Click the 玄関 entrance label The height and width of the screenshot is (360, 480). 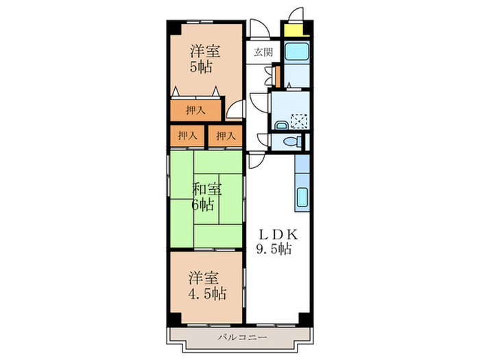point(263,52)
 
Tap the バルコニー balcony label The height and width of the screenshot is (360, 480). point(243,338)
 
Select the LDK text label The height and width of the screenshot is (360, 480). point(278,235)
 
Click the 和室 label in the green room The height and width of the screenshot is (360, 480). point(207,189)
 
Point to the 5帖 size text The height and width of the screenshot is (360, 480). point(201,67)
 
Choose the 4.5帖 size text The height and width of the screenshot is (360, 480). point(207,294)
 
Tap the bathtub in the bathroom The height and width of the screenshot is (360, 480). point(297,51)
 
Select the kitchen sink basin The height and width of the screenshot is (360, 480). point(302,197)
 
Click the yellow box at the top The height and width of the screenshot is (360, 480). point(294,30)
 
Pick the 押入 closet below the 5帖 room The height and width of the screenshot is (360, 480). point(195,110)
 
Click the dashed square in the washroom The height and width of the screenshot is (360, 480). point(299,121)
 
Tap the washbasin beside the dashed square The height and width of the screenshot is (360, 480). point(281,125)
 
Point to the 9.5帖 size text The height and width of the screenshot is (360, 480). point(274,250)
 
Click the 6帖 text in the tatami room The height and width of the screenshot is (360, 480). point(203,205)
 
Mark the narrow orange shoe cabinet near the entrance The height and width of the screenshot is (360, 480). point(278,77)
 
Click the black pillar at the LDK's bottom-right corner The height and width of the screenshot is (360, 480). point(304,318)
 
